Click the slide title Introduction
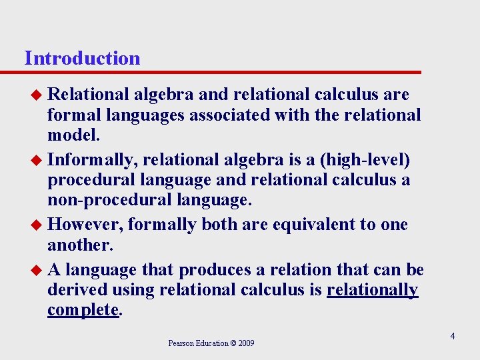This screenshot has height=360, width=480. coord(82,58)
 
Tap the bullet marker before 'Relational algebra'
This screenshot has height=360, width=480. coord(38,95)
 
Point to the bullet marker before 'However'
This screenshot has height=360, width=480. coord(38,225)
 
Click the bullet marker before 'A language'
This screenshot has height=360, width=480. coord(38,271)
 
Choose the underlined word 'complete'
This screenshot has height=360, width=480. coord(83,310)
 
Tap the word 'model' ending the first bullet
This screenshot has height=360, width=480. coord(72,135)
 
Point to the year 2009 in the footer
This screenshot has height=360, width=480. coord(247,343)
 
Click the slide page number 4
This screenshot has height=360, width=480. coord(452,336)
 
